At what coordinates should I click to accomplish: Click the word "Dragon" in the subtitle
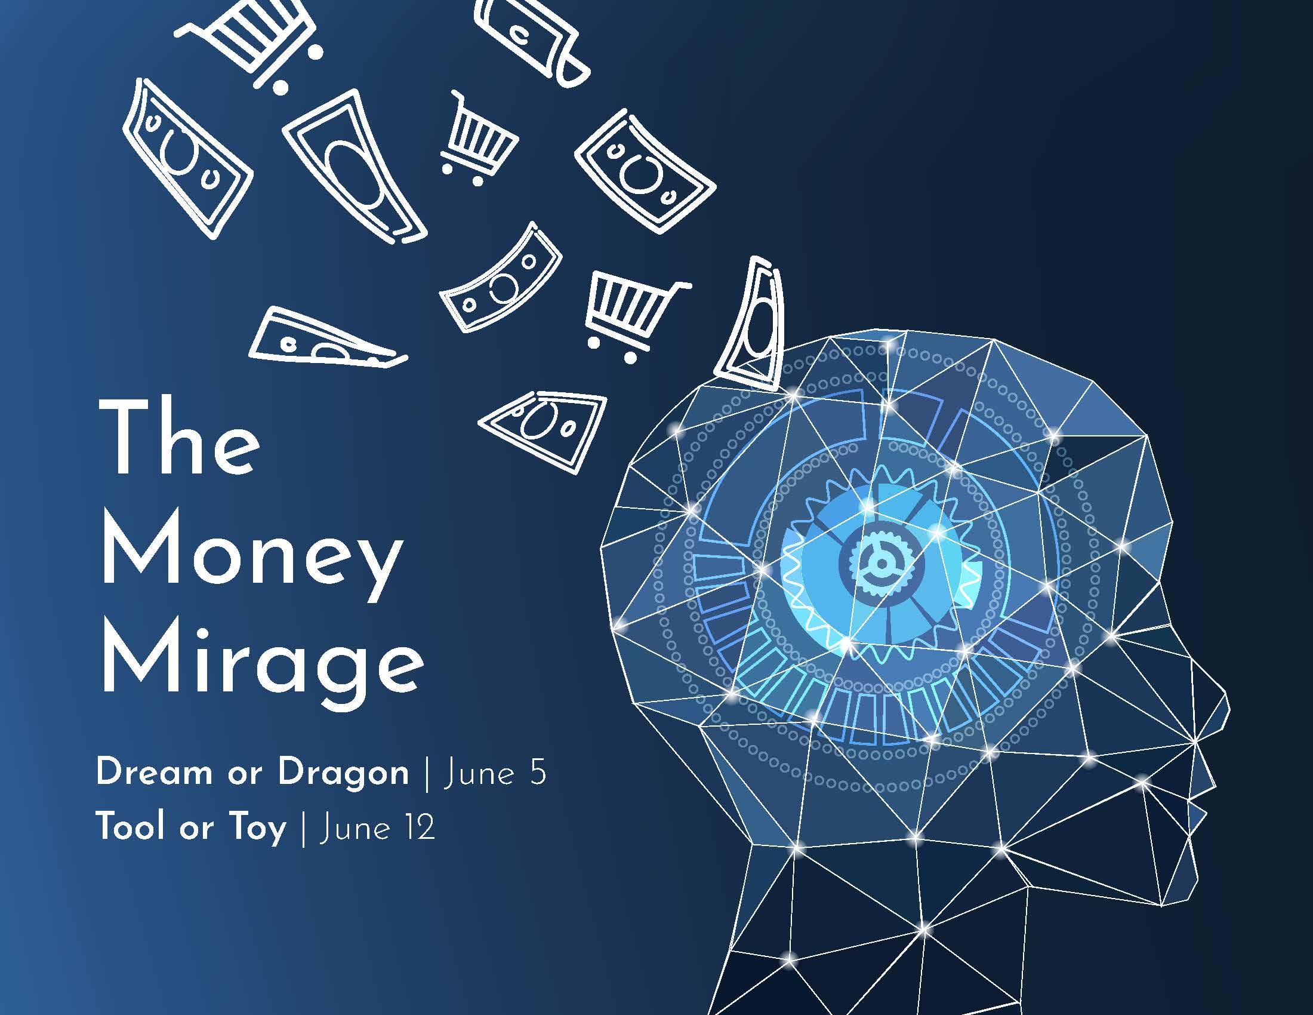tap(343, 773)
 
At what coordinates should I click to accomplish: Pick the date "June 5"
tap(495, 773)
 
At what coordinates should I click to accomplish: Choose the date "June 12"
tap(378, 828)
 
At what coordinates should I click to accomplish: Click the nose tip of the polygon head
tap(1226, 712)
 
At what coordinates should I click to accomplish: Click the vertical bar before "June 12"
tap(303, 829)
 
